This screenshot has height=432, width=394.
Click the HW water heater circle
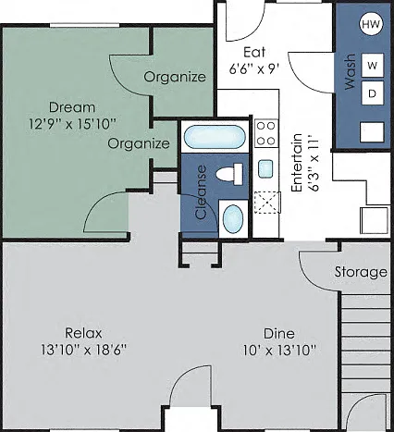(x=371, y=24)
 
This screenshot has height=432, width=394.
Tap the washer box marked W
(x=373, y=65)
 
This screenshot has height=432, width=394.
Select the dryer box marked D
(x=373, y=93)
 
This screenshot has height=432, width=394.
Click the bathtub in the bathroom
(x=215, y=137)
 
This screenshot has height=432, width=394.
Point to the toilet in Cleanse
(x=229, y=174)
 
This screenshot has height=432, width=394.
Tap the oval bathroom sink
(x=233, y=219)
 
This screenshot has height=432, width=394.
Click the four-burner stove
(x=266, y=133)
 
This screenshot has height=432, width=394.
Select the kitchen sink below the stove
(x=265, y=168)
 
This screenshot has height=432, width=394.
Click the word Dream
(x=72, y=107)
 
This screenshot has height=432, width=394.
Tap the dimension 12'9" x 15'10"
(x=72, y=124)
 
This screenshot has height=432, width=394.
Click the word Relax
(x=83, y=333)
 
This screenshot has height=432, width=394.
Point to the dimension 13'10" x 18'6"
(x=84, y=350)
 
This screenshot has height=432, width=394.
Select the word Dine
(x=279, y=334)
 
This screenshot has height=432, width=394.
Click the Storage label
(x=361, y=273)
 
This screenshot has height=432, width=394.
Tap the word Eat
(x=254, y=52)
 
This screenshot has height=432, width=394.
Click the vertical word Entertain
(x=297, y=163)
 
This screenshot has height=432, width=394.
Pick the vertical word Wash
(x=350, y=72)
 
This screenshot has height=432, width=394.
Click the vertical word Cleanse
(x=201, y=192)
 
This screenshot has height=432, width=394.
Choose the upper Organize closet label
(x=175, y=77)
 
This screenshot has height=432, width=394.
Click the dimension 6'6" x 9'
(x=254, y=68)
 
